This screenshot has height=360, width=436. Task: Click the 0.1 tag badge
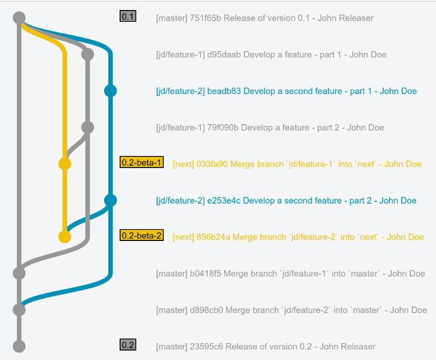point(128,17)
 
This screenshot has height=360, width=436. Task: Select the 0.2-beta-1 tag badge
point(141,163)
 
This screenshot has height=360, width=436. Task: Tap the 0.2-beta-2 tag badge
point(141,235)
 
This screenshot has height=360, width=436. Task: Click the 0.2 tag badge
point(128,345)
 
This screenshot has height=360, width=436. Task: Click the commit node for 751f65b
point(19,18)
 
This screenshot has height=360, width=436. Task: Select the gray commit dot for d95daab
point(87,54)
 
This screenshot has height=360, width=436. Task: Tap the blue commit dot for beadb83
point(110,91)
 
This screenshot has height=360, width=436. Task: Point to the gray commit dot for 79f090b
point(87,127)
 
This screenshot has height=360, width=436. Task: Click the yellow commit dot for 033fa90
point(65,164)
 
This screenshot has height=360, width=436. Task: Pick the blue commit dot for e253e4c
point(110,200)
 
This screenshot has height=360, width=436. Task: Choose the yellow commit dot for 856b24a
point(65,237)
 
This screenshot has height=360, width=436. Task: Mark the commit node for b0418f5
point(19,273)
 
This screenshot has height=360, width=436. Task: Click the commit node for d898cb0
point(19,310)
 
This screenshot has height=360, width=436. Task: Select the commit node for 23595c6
point(19,346)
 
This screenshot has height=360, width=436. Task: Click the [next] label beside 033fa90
point(183,164)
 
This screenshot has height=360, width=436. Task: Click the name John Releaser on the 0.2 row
point(348,346)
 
